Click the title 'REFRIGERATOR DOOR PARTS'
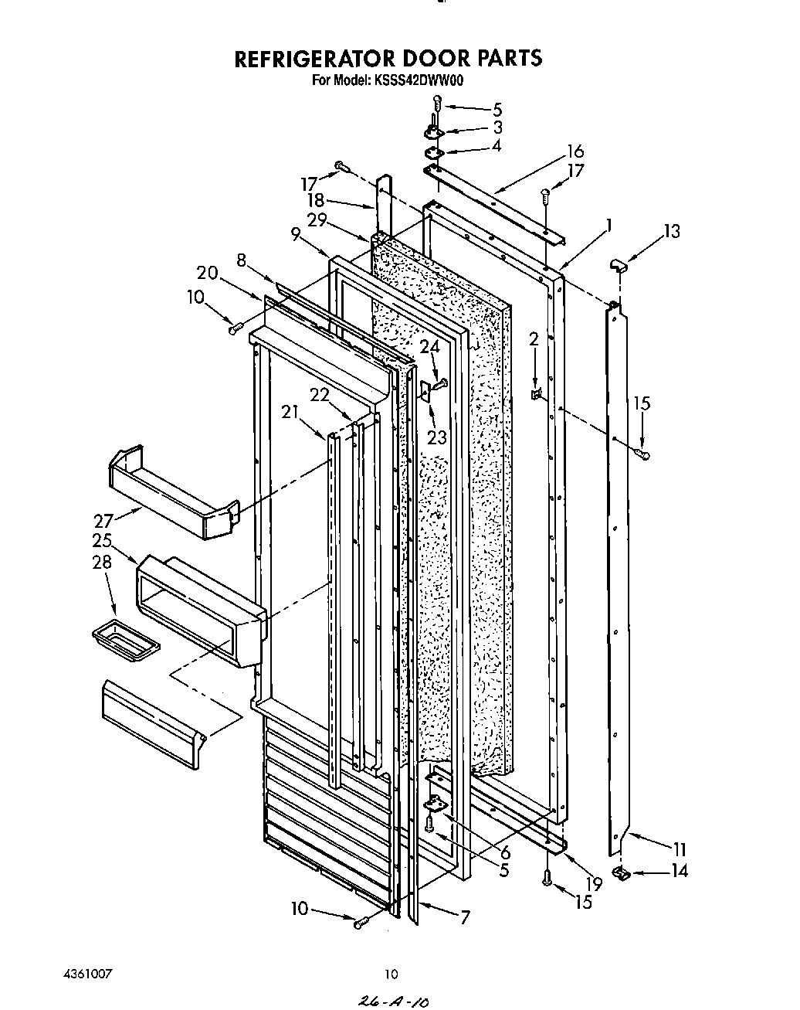pyautogui.click(x=388, y=59)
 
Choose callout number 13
pyautogui.click(x=671, y=230)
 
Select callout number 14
pyautogui.click(x=679, y=872)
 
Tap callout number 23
pyautogui.click(x=437, y=437)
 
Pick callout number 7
pyautogui.click(x=464, y=918)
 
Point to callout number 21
pyautogui.click(x=290, y=413)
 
